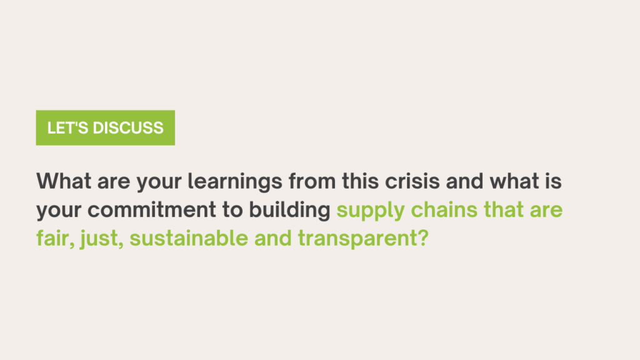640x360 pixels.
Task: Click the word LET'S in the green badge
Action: pyautogui.click(x=67, y=127)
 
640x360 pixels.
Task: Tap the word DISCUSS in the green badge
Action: pyautogui.click(x=128, y=127)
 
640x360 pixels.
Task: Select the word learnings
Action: pyautogui.click(x=235, y=182)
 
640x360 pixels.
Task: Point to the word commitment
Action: pyautogui.click(x=152, y=210)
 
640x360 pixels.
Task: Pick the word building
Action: pyautogui.click(x=290, y=211)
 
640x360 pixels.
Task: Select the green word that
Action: pyautogui.click(x=504, y=209)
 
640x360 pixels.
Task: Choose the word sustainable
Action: pyautogui.click(x=189, y=238)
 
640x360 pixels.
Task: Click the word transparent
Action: pyautogui.click(x=357, y=239)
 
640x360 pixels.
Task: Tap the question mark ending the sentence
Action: pyautogui.click(x=423, y=238)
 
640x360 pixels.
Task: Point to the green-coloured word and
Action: pyautogui.click(x=273, y=238)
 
